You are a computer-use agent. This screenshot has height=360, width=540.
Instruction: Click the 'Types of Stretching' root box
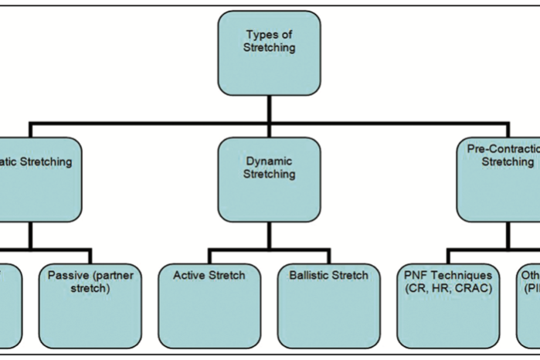click(x=270, y=53)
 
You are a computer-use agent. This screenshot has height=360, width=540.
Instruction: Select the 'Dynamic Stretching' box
click(x=270, y=180)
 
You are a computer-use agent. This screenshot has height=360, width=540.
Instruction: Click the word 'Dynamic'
click(x=270, y=162)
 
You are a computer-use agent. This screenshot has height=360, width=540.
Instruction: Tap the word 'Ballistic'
click(x=310, y=275)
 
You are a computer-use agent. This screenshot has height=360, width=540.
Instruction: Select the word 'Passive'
click(x=66, y=275)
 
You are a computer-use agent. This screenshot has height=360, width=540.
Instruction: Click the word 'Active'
click(x=189, y=275)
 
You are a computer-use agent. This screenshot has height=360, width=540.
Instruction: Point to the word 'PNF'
click(x=417, y=275)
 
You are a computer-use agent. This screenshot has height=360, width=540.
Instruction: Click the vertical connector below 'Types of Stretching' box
click(x=270, y=109)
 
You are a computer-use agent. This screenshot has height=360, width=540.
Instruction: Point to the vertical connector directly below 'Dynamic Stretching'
click(x=270, y=236)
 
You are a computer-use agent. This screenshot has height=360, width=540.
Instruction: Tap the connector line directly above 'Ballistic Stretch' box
click(x=328, y=257)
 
